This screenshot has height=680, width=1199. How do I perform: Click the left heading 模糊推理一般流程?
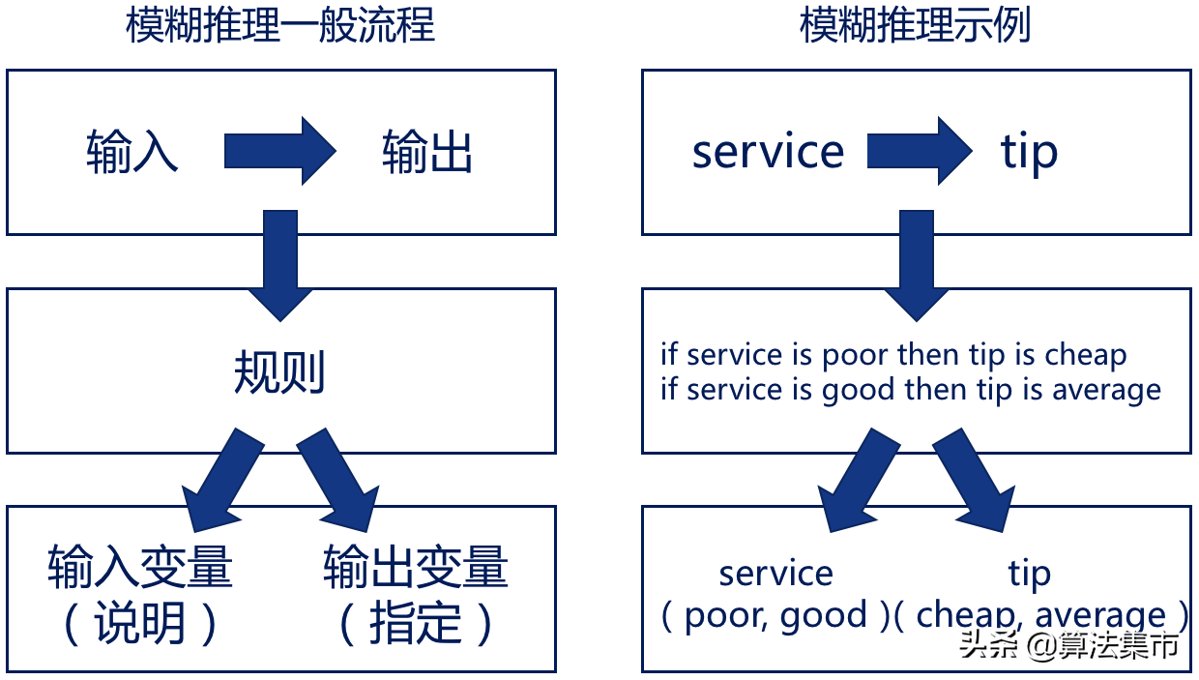pyautogui.click(x=280, y=26)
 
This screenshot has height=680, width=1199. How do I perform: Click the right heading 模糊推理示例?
pyautogui.click(x=915, y=26)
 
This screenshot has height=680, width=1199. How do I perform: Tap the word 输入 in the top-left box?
pyautogui.click(x=132, y=153)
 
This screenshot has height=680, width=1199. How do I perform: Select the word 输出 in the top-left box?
pyautogui.click(x=426, y=153)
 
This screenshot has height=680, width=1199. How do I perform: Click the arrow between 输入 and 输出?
pyautogui.click(x=279, y=151)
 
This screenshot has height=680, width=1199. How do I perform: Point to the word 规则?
pyautogui.click(x=279, y=372)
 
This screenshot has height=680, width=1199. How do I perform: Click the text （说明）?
pyautogui.click(x=140, y=625)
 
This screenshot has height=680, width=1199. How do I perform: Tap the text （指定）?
pyautogui.click(x=416, y=625)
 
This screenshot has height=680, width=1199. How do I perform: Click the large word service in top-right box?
pyautogui.click(x=768, y=152)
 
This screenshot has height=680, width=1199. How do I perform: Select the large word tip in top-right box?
pyautogui.click(x=1028, y=153)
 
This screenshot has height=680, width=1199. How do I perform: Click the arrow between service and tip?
pyautogui.click(x=919, y=151)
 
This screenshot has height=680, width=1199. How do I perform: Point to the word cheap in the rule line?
pyautogui.click(x=1085, y=355)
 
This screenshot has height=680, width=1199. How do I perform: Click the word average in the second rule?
pyautogui.click(x=1106, y=390)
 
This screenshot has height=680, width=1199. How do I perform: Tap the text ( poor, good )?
pyautogui.click(x=775, y=615)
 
